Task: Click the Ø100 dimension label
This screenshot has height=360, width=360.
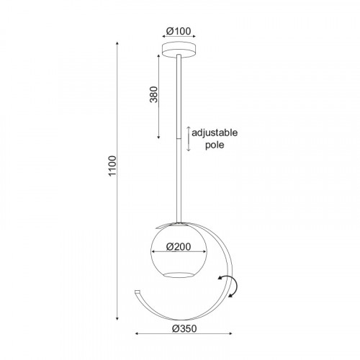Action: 179,31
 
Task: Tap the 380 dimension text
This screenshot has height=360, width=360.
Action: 154,94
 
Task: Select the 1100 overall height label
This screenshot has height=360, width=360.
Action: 112,166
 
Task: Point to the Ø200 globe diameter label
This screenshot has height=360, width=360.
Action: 179,247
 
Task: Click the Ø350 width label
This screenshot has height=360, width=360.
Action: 184,328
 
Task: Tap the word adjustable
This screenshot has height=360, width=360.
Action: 215,132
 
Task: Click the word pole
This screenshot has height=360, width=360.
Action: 215,145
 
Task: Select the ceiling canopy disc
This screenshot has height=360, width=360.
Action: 179,50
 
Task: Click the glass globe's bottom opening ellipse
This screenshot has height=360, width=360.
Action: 179,275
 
